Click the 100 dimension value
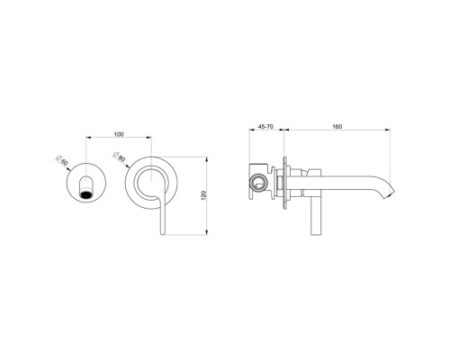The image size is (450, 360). (x=119, y=134)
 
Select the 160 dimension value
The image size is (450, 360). (x=335, y=127)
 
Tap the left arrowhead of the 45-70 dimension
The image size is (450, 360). (x=251, y=134)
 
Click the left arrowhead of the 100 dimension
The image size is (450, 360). (x=87, y=139)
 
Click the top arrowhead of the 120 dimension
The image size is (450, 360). (x=208, y=152)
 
